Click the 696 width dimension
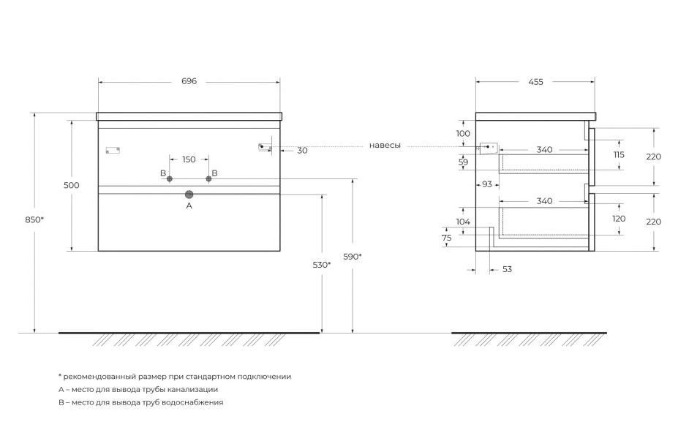(189, 81)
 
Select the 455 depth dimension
(535, 82)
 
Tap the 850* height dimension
(34, 219)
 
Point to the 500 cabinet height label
(71, 185)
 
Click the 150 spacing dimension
(189, 159)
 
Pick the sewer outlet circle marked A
(189, 195)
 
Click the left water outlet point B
(170, 179)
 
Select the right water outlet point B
(208, 179)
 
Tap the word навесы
(385, 146)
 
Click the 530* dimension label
(322, 265)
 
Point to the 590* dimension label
(353, 256)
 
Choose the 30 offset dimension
(302, 151)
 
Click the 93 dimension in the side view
(487, 184)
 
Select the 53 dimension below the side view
(507, 269)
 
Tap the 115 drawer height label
(619, 155)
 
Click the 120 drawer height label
(619, 219)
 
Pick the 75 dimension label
(446, 238)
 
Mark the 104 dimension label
(463, 222)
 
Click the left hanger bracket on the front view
(113, 151)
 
